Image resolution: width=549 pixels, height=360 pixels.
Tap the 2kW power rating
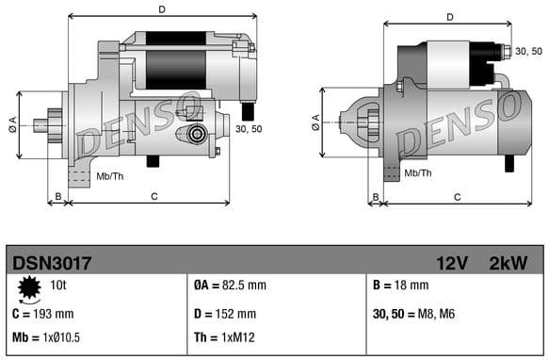click(509, 261)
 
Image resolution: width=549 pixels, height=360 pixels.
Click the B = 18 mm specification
click(402, 286)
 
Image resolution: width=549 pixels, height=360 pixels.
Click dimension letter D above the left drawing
click(162, 10)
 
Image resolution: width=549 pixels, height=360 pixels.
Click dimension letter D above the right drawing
click(449, 16)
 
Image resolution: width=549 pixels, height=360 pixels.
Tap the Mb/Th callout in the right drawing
click(417, 173)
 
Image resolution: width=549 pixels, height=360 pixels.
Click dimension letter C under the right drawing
click(457, 196)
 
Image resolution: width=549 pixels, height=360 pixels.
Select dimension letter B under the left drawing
click(58, 196)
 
